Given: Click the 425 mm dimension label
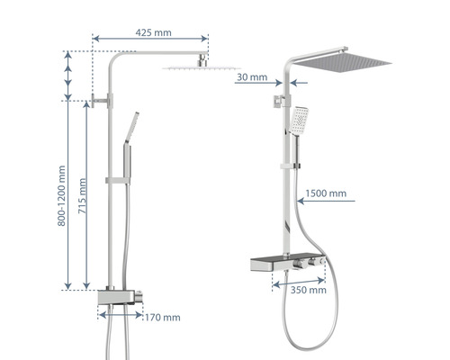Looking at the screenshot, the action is (153, 32).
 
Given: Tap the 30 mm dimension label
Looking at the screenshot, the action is (252, 77).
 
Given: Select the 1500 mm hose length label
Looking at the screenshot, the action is (326, 193).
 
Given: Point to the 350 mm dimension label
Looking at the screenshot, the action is (309, 290).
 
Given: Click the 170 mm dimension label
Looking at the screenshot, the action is (163, 318).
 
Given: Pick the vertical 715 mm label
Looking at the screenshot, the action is (82, 196).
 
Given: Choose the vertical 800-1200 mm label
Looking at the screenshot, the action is (61, 195).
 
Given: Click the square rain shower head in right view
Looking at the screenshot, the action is (342, 61).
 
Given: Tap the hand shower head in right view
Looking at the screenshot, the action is (299, 121).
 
